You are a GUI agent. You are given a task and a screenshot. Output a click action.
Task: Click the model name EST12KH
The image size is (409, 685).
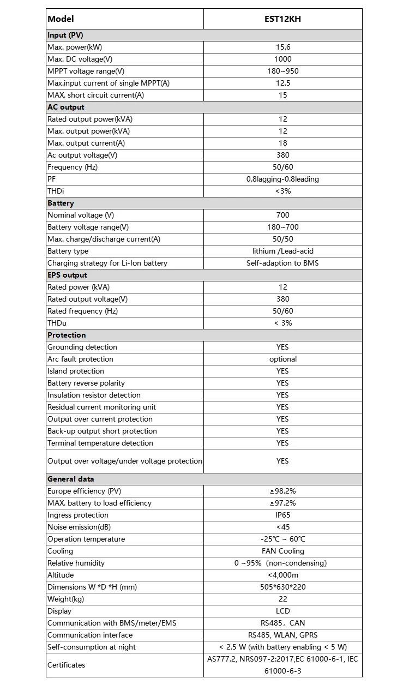point(282,19)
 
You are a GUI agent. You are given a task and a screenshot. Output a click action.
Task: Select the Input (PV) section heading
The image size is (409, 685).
point(65,35)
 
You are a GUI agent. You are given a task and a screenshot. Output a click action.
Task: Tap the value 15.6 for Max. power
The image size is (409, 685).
point(282,47)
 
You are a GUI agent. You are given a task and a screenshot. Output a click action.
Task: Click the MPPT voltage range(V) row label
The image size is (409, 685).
point(86,71)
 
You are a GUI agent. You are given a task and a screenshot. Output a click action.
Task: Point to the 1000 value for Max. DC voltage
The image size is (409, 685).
point(282,59)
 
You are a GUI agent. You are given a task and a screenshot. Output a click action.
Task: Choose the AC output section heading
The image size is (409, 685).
point(66,107)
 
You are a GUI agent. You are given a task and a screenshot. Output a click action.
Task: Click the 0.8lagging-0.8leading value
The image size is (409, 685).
point(282,179)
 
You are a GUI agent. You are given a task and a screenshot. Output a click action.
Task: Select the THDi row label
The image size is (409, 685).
point(56,191)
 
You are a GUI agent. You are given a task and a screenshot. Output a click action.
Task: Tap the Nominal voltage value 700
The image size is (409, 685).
point(282,215)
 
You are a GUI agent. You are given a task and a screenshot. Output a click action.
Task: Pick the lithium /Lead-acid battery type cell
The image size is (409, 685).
point(282,251)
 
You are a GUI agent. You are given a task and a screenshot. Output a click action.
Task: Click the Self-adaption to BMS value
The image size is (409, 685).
point(282,263)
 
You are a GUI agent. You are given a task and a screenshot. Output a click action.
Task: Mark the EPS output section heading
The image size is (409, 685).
point(67,275)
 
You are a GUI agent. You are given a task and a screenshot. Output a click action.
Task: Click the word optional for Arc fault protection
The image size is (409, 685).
point(282,359)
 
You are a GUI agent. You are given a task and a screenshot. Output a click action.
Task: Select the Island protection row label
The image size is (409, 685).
point(76,371)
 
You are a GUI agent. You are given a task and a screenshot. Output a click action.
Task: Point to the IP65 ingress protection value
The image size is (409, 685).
point(282,515)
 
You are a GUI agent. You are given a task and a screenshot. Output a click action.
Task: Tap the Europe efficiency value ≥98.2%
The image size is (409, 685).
point(282,491)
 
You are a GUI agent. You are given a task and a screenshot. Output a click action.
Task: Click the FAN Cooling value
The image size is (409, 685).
point(282,551)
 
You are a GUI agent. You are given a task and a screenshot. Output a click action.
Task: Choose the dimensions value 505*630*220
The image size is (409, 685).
point(282,587)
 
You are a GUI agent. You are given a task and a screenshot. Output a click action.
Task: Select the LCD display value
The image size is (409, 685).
point(282,611)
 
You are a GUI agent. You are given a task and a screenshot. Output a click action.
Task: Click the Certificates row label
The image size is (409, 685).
point(67,665)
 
